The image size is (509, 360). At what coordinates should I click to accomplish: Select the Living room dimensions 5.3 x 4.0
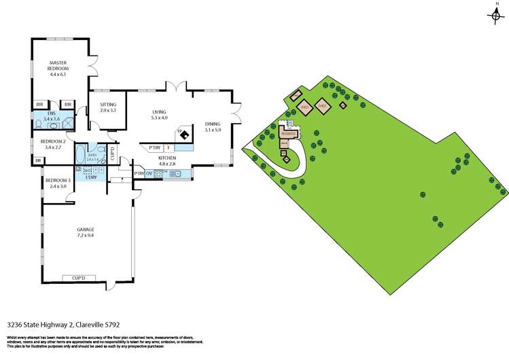coord(159,118)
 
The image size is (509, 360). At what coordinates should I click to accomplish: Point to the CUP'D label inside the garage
coord(78,278)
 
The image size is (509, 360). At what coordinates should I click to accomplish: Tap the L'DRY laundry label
coord(91,177)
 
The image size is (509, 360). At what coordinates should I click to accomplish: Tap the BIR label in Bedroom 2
coord(39,160)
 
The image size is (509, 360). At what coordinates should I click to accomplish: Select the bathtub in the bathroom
coord(80,152)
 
